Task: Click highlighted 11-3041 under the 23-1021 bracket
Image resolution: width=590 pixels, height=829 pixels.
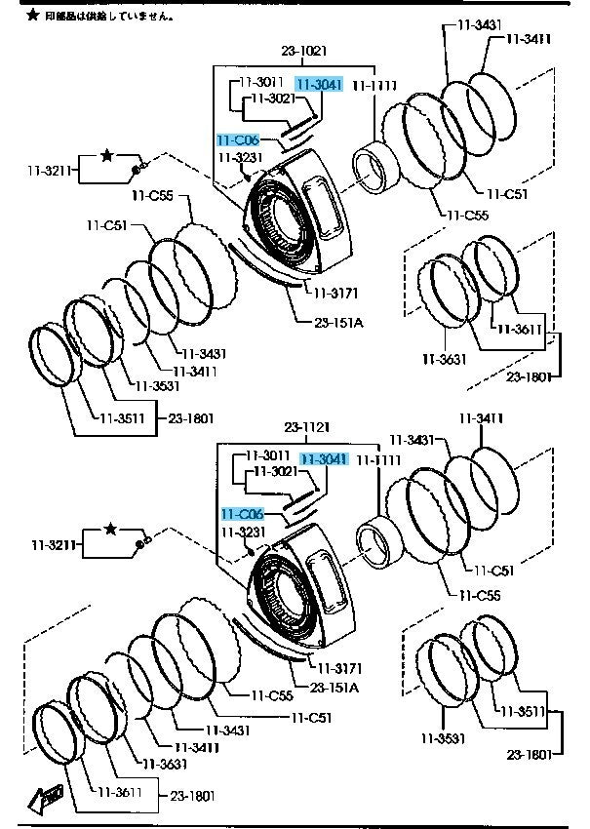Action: click(x=318, y=86)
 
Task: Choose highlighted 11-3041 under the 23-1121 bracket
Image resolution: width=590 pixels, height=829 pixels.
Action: click(x=323, y=458)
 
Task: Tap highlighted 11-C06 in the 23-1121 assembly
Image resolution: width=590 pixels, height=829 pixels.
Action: click(x=242, y=514)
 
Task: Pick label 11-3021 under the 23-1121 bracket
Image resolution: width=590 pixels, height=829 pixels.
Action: click(x=276, y=471)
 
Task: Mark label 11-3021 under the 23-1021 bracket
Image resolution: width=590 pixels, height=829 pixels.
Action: click(x=272, y=99)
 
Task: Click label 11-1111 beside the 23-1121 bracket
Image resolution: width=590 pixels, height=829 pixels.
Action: click(x=376, y=458)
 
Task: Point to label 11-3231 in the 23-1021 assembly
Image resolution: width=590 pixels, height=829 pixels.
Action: click(x=240, y=157)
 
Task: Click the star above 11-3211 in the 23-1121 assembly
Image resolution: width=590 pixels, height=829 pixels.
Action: click(x=110, y=528)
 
